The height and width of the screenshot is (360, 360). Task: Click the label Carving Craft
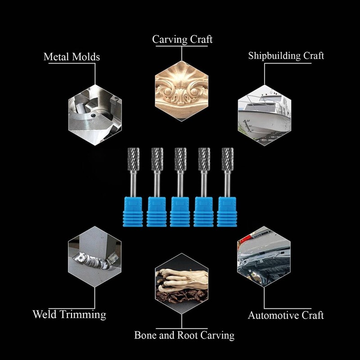coord(182,39)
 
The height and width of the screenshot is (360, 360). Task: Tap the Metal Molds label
coord(72,57)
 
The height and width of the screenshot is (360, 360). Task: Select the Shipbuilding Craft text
coord(286,56)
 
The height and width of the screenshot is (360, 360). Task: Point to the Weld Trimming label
coord(69,314)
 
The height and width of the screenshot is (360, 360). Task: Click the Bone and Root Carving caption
coord(184,335)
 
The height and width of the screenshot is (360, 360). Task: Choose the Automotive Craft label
coord(286,315)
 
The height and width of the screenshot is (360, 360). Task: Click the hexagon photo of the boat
coord(264,115)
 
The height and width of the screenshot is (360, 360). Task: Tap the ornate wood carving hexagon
coord(182,91)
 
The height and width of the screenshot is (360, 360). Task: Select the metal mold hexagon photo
coord(95,115)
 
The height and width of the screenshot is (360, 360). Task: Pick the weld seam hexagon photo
coord(94,256)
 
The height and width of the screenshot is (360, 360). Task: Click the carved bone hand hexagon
coord(182,284)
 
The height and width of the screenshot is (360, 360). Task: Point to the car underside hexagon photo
coord(264,256)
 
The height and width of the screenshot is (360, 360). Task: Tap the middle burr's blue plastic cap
coord(180,211)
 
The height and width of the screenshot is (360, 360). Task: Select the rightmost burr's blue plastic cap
coord(227,211)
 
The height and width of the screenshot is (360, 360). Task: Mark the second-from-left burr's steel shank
coord(157,184)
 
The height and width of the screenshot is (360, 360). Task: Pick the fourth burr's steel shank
coord(204,184)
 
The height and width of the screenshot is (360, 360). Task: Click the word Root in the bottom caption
coord(188,335)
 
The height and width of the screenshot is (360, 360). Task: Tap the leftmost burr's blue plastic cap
coord(133,211)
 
